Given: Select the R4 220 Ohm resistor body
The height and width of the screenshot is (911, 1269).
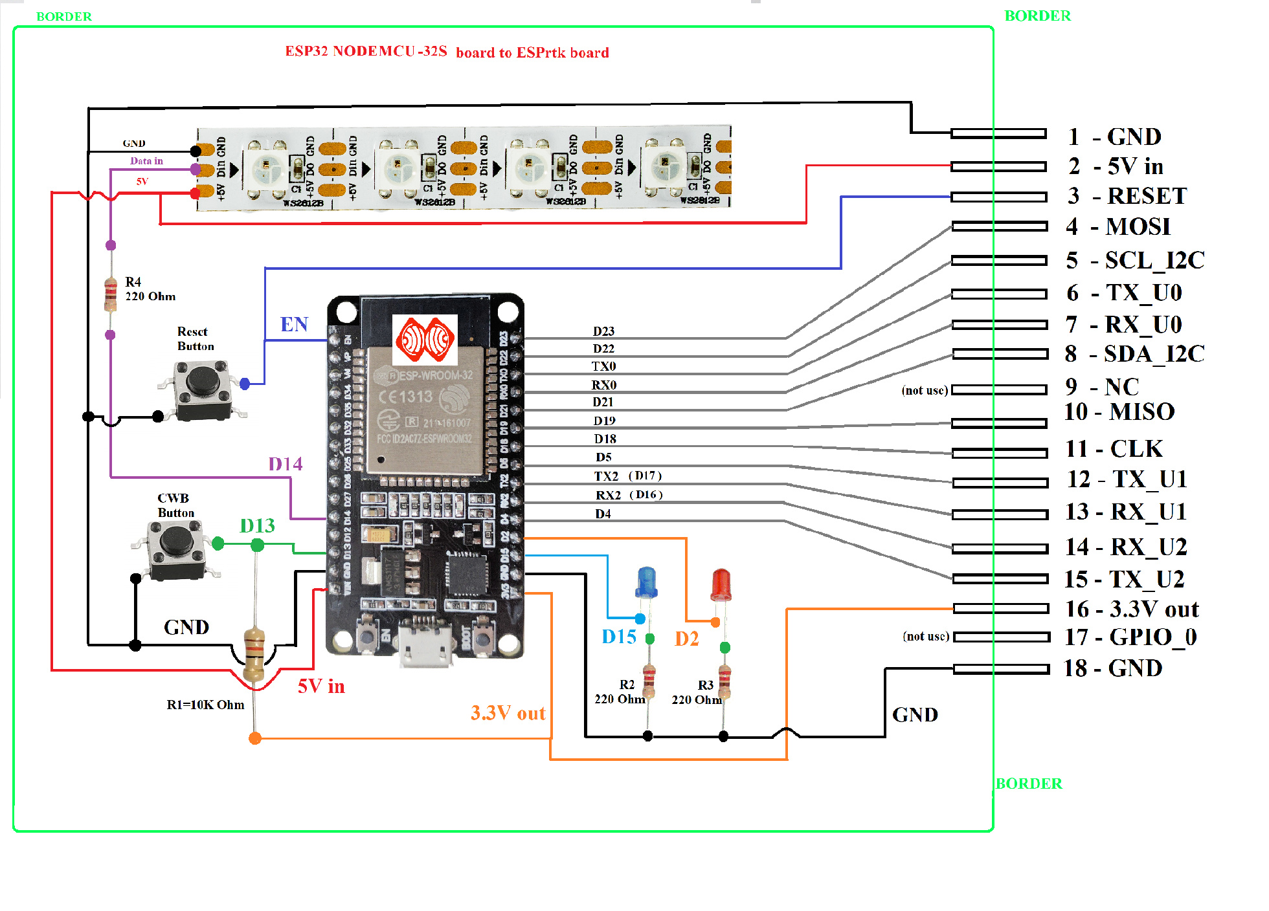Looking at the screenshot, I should click(x=111, y=293).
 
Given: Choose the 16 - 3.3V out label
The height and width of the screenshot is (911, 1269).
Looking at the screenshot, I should click(x=1132, y=609).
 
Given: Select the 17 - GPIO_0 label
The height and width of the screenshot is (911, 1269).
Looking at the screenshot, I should click(x=1130, y=637).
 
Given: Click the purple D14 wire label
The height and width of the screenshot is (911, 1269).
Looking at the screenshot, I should click(x=286, y=464).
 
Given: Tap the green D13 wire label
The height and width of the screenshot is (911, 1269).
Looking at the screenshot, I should click(x=257, y=526).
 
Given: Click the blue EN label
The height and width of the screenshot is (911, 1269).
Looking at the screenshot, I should click(x=294, y=324).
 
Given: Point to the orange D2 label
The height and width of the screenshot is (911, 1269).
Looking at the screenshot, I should click(x=687, y=639).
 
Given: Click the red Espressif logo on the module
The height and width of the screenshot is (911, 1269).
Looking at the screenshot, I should click(x=425, y=339).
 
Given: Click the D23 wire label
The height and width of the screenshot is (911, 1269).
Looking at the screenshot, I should click(x=603, y=331).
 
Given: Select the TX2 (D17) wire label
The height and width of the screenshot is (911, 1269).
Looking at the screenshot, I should click(x=627, y=476).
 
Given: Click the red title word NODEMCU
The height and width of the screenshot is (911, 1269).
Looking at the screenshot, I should click(x=374, y=51).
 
